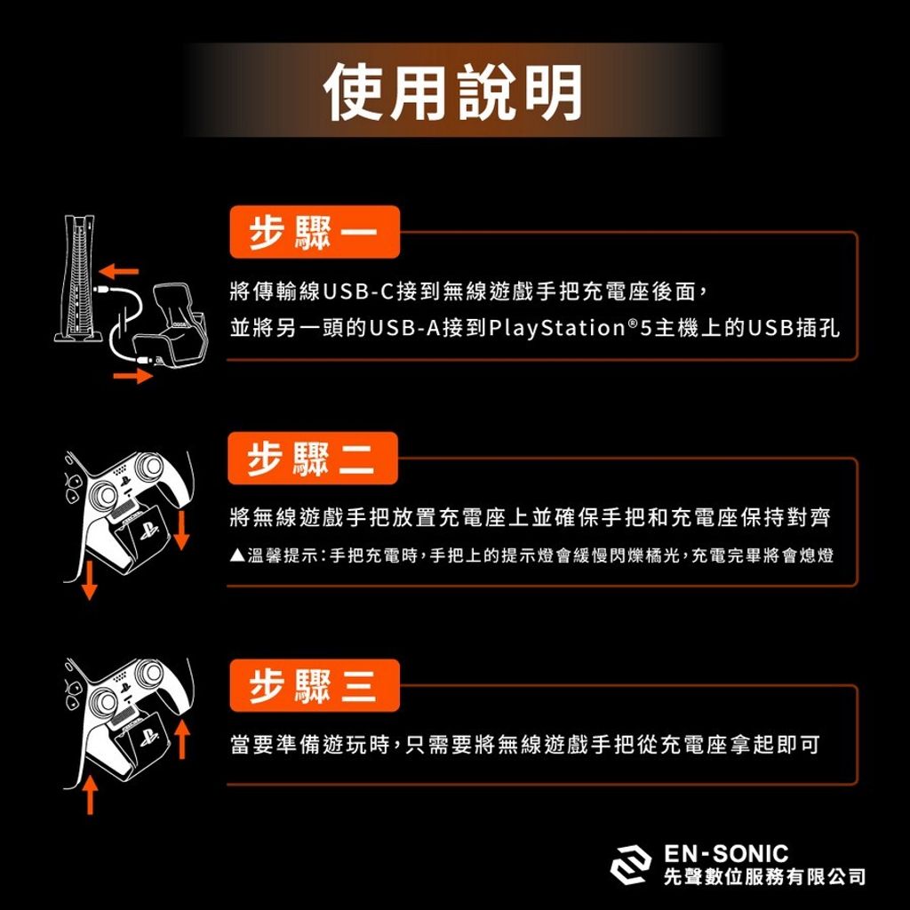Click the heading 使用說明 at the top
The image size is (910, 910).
pos(453,92)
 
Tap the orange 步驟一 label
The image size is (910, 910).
pos(315,232)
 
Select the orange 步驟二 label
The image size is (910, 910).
pos(313,458)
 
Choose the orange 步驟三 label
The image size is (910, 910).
pos(315,685)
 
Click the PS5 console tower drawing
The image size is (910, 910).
pos(79,278)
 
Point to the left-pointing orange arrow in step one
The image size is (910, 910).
pos(118,271)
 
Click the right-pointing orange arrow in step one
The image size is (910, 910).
pos(133,376)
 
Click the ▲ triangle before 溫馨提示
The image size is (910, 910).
pos(237,555)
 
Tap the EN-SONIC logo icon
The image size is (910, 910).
pos(631,865)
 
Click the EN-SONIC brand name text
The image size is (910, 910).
pos(725,854)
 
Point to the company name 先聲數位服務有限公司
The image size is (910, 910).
pos(764,877)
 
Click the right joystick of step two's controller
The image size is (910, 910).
pos(149,466)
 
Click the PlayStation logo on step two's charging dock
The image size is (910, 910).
pos(148,531)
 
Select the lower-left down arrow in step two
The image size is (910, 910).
pos(89,579)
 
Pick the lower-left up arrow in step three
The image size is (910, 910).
pos(90,794)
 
